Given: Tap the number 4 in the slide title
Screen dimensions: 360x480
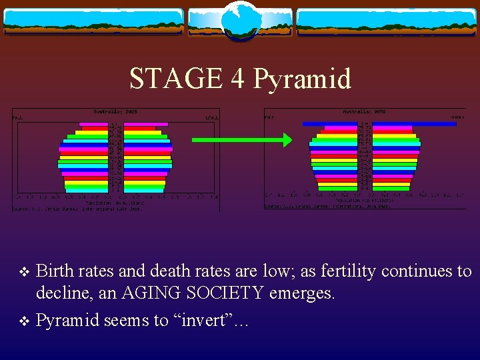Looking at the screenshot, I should [x=237, y=79].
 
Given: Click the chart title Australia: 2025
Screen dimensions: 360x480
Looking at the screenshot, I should [x=115, y=112].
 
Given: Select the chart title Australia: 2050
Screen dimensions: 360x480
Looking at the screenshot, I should [x=364, y=112].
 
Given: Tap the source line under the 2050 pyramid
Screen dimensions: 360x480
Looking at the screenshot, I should [x=327, y=206].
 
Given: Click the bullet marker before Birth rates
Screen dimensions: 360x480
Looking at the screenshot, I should [x=23, y=272].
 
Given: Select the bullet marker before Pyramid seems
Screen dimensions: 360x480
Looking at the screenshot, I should [x=23, y=321].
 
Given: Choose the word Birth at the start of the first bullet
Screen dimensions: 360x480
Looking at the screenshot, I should [x=55, y=271].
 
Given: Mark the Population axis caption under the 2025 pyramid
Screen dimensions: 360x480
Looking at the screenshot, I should [x=115, y=203].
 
